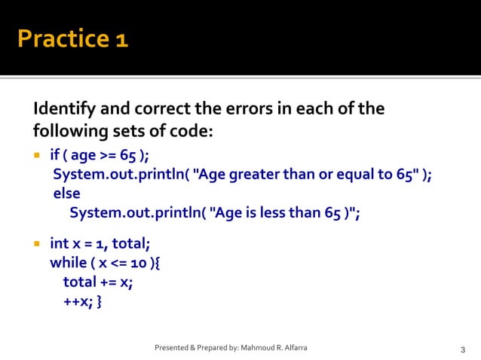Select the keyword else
(x=66, y=194)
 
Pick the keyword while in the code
(x=69, y=263)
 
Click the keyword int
(x=60, y=244)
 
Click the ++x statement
(x=76, y=301)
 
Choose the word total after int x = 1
(x=131, y=244)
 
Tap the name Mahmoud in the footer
(x=261, y=348)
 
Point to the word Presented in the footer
(x=172, y=348)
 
